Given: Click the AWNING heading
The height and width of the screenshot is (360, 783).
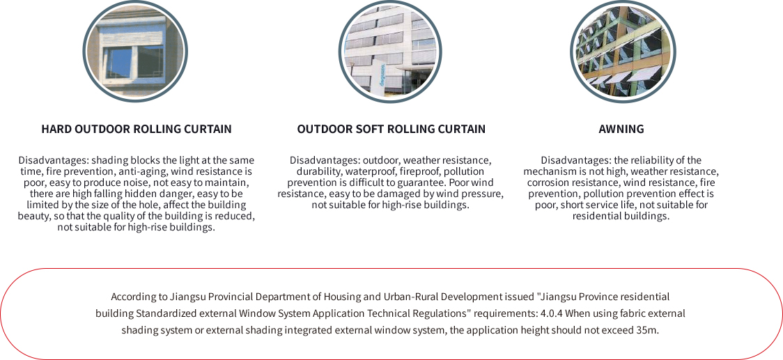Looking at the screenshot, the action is tap(621, 129).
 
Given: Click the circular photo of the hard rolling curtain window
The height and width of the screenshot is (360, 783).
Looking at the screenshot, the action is tap(136, 52).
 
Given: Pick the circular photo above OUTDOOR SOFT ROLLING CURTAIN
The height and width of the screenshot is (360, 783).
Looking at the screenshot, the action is tap(391, 52).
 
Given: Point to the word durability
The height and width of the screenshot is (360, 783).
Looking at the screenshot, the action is tap(316, 171).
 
